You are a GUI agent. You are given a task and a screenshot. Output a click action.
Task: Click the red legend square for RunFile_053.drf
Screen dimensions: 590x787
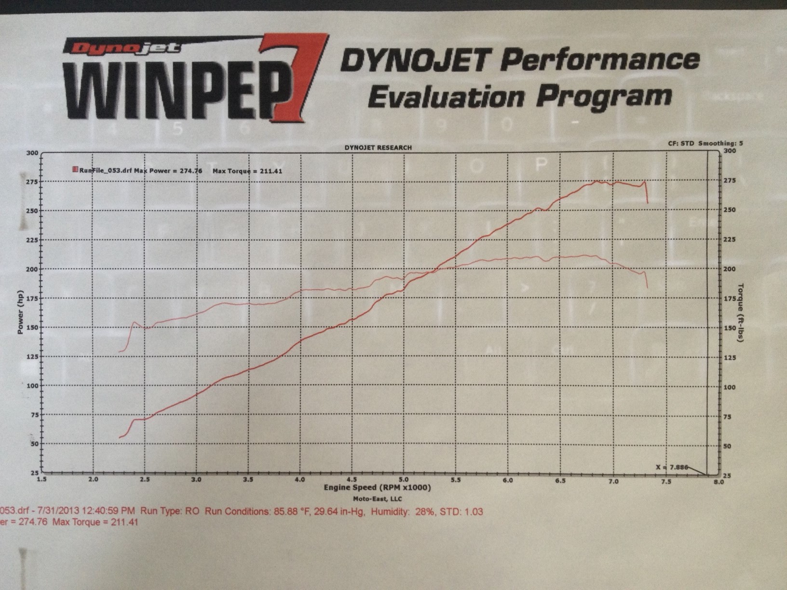tap(75, 170)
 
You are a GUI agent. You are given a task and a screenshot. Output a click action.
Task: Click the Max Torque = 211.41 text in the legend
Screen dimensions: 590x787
tap(247, 171)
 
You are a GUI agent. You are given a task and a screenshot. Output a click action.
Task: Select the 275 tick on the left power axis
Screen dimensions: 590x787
tap(32, 182)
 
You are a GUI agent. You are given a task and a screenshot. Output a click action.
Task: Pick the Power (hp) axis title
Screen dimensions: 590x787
tap(21, 312)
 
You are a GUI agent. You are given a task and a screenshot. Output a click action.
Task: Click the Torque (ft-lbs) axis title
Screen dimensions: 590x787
tap(741, 313)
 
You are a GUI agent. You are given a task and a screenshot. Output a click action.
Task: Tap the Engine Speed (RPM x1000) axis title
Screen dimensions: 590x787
tap(377, 488)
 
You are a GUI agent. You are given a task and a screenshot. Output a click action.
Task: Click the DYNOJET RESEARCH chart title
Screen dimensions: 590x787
tap(378, 147)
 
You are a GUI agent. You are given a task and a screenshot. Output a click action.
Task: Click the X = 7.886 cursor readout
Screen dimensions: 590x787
tap(672, 467)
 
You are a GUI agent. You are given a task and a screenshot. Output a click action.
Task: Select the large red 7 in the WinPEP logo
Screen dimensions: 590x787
tap(292, 77)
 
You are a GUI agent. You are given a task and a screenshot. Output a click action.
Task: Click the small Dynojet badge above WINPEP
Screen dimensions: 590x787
tap(123, 47)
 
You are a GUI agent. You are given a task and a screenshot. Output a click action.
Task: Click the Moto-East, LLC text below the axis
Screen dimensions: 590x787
tap(377, 499)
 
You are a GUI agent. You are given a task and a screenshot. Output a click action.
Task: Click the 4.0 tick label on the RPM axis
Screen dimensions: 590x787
tap(299, 480)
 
